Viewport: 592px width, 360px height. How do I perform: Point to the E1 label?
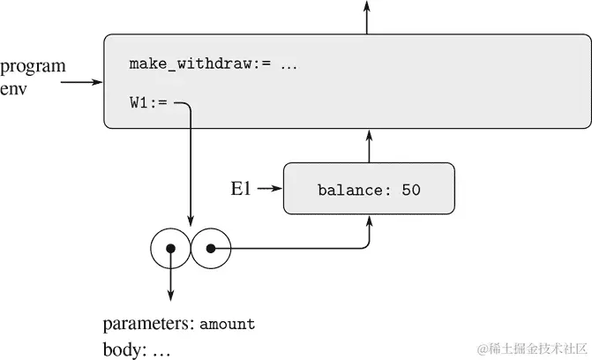click(x=243, y=188)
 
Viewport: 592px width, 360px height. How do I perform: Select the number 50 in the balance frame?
click(x=410, y=190)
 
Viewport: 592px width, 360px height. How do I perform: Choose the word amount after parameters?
click(x=227, y=325)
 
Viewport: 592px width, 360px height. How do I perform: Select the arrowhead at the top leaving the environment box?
click(x=367, y=7)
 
